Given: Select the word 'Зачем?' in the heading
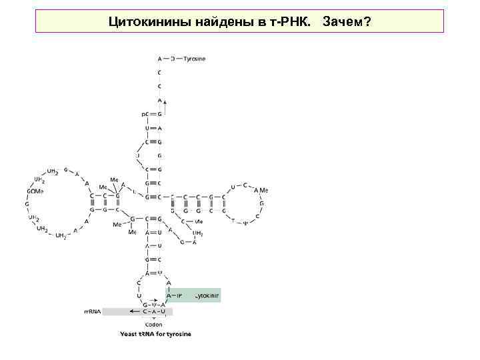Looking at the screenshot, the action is pos(347,23).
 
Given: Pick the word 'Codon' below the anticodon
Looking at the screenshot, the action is pos(153,325).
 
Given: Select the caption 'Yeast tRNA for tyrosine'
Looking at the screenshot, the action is pos(155,334).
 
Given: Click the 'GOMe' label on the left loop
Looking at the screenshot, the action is pos(35,192).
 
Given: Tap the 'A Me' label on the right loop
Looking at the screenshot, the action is pos(259,191).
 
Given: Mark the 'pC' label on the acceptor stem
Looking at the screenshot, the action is pos(143,114).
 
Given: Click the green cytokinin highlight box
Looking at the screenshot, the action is pos(193,295).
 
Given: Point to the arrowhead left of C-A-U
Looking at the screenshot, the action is pos(134,311).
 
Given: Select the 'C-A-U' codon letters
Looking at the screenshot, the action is pos(154,311).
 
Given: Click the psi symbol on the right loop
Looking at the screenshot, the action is pos(245,223).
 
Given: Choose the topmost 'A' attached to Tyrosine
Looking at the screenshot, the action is pos(159,59).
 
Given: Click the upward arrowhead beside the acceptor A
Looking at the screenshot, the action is pos(165,102).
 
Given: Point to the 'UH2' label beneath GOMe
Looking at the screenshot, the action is pos(33,217).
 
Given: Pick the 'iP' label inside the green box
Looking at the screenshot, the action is pos(179,295).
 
